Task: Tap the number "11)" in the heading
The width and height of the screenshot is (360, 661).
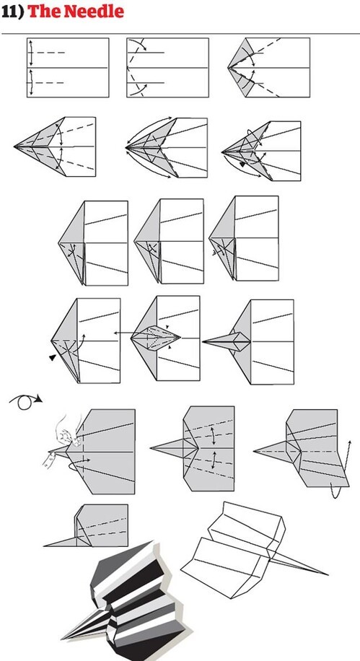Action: tap(13, 12)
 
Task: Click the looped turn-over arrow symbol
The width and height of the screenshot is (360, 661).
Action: tap(25, 401)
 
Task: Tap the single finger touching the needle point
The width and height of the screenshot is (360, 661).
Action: tap(49, 459)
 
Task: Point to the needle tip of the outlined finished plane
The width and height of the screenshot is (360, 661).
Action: tap(328, 574)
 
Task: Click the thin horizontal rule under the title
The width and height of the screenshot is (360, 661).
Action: tap(180, 33)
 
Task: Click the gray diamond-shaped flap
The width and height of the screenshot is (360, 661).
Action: tap(156, 337)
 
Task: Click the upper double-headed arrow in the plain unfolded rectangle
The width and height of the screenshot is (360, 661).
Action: tap(31, 52)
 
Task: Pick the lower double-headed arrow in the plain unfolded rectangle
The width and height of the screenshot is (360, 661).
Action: tap(31, 82)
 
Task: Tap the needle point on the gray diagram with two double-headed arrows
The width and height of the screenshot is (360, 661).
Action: tap(151, 447)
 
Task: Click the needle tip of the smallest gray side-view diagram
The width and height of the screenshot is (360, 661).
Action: tap(44, 546)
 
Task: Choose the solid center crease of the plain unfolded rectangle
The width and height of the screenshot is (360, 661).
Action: tap(68, 67)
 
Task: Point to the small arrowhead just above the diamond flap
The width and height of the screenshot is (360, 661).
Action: tap(167, 327)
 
